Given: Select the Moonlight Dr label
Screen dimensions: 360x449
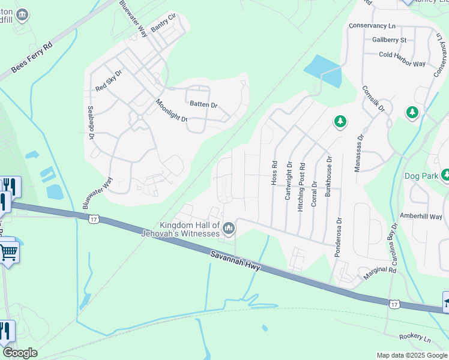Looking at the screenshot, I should (172, 110).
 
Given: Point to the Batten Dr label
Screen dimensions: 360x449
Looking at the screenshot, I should (203, 104).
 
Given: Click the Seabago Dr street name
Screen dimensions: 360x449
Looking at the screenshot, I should (92, 124).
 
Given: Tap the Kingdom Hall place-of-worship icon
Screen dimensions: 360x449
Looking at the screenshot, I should (229, 228).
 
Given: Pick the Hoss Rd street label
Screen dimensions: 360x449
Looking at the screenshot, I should (274, 172).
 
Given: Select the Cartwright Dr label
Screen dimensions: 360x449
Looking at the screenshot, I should (289, 180).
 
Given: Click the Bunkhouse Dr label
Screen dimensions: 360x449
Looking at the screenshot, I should (328, 177).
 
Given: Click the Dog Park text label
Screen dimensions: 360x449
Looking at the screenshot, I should (421, 176).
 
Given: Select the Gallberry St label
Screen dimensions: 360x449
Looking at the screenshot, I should (389, 40).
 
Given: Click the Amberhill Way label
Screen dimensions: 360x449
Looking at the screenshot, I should (421, 215).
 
